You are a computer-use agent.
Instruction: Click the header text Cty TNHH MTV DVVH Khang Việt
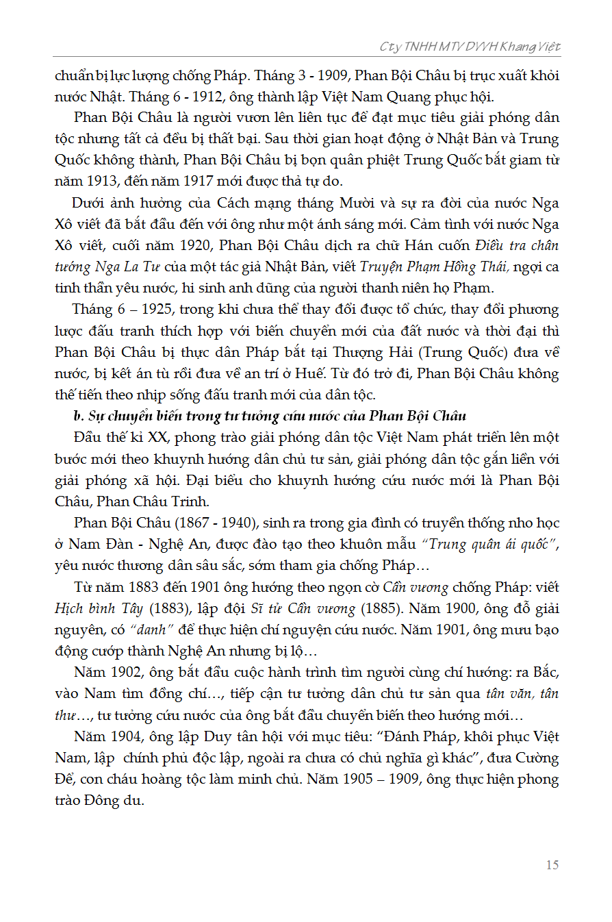click(470, 47)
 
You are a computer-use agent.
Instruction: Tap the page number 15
click(552, 864)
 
